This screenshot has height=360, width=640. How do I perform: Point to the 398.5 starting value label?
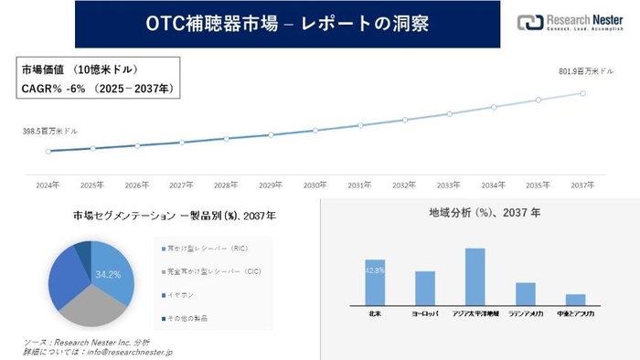46,132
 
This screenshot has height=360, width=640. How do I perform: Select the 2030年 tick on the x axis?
315,184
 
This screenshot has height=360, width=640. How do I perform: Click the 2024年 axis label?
48,184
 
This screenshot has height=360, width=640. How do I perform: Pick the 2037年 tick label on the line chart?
582,184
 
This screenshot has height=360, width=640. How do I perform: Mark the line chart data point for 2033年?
449,114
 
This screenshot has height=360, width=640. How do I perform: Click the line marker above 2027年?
181,143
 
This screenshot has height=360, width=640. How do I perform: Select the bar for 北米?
374,282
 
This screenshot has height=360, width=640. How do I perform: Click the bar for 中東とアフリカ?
575,300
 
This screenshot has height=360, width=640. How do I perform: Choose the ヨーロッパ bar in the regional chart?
424,288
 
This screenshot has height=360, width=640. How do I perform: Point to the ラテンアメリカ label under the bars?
525,314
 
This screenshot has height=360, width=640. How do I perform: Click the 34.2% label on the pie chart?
107,273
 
